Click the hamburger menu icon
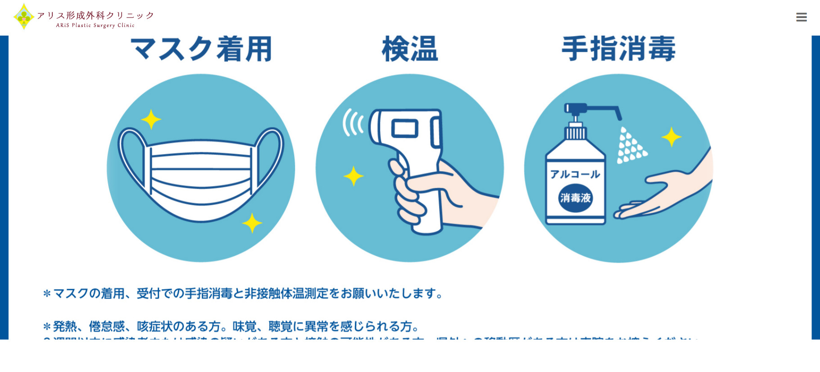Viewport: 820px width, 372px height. [801, 17]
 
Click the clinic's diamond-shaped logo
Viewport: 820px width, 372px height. [23, 17]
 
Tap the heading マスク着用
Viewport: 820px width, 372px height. [201, 49]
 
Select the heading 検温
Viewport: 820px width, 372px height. [409, 49]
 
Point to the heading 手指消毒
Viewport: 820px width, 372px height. [618, 49]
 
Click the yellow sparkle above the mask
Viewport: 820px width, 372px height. [151, 119]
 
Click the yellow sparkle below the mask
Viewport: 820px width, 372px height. [252, 223]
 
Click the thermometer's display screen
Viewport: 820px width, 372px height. [404, 128]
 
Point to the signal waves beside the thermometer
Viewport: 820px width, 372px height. [353, 122]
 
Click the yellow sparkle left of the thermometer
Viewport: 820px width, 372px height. [353, 176]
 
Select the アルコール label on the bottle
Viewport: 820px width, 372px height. [575, 174]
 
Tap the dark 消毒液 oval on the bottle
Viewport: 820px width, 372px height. [575, 198]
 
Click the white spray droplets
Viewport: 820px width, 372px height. [631, 146]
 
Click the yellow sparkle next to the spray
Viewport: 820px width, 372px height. [671, 137]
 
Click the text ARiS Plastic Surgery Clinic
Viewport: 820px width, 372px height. [95, 26]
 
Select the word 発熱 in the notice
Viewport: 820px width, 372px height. [65, 326]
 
